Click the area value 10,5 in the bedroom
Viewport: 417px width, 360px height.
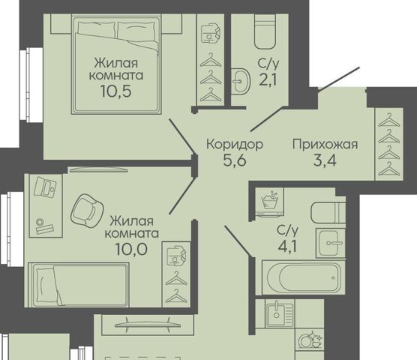116,91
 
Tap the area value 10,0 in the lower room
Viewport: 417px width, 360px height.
131,249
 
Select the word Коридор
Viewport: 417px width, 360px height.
235,144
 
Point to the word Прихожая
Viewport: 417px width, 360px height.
325,145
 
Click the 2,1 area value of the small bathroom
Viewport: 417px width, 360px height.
268,79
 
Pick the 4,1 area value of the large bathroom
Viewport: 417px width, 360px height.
287,247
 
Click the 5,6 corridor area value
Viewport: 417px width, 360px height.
235,160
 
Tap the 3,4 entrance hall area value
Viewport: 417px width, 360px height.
325,160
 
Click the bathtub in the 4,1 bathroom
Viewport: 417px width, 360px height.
304,277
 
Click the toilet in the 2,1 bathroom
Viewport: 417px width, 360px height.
265,31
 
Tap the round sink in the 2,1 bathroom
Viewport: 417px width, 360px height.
241,81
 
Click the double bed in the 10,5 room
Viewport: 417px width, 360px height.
116,64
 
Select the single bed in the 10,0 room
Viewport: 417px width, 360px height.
79,284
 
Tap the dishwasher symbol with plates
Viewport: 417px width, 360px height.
310,340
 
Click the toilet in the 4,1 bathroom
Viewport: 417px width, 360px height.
328,213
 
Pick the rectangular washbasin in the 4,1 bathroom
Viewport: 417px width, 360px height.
331,243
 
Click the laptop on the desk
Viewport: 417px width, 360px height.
46,187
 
